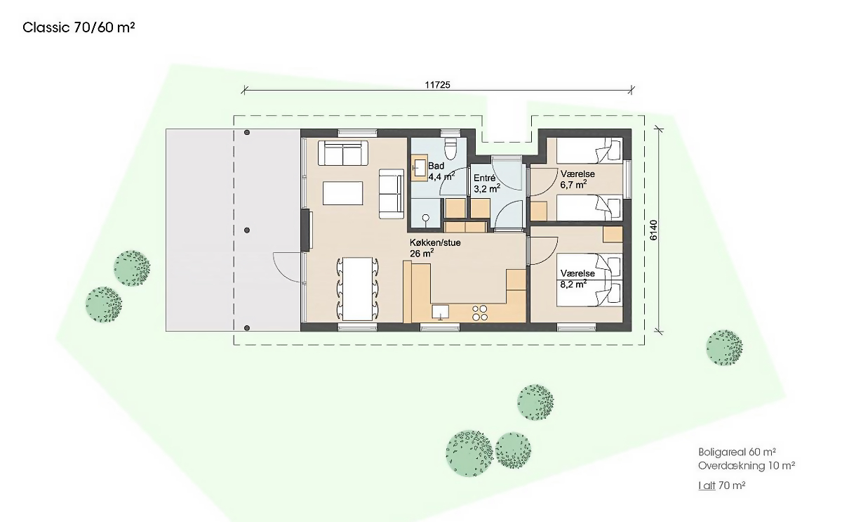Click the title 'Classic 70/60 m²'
point(79,27)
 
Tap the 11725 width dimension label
point(438,85)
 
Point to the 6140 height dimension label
point(654,230)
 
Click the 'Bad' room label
point(436,166)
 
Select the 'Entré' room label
point(485,178)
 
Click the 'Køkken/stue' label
point(435,243)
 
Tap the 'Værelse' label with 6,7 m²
point(577,174)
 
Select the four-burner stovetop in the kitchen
point(480,313)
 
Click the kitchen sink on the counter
point(440,313)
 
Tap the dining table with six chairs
point(357,289)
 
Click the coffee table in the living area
point(343,193)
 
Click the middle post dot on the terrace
point(247,230)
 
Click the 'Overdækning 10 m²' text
point(747,466)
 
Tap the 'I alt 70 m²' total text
point(722,485)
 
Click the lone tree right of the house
point(724,348)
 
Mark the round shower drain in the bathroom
point(425,218)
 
